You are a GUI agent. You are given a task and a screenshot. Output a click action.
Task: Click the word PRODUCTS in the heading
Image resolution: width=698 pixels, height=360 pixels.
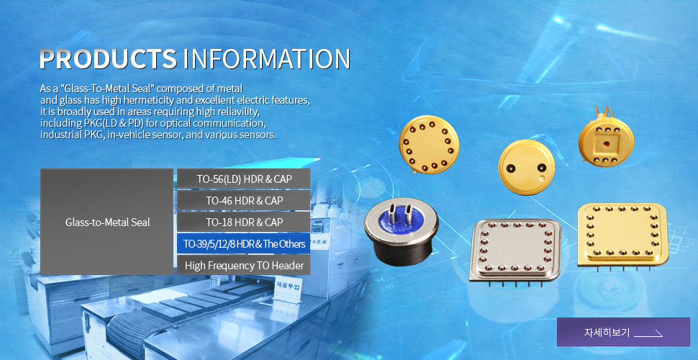108,59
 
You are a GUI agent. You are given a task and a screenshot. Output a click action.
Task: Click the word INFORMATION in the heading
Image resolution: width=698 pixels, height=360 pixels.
267,59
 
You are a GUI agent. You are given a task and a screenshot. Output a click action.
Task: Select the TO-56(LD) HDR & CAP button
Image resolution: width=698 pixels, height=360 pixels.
243,179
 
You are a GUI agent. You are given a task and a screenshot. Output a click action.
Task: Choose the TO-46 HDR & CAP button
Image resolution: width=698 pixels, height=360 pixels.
243,200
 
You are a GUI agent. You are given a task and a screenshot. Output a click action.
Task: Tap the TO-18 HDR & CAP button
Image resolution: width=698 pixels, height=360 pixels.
243,222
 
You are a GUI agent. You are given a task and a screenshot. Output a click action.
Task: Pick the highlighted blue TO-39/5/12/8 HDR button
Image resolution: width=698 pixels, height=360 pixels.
243,243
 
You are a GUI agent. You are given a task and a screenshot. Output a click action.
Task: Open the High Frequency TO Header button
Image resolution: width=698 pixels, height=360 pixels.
243,266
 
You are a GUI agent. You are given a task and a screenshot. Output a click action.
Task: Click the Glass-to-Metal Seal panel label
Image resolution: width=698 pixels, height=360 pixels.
107,222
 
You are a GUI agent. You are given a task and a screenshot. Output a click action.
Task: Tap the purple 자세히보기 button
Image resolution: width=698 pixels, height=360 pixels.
623,332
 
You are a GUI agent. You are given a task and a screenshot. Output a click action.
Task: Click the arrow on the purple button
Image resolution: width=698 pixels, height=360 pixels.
648,333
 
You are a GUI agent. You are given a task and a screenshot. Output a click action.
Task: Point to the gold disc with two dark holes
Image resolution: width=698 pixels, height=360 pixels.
526,167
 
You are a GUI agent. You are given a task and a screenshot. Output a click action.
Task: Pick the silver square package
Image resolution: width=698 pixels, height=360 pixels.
515,251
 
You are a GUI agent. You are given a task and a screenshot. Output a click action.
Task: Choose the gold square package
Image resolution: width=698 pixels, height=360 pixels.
622,235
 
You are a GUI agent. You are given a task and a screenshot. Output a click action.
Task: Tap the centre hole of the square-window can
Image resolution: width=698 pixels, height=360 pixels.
606,144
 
